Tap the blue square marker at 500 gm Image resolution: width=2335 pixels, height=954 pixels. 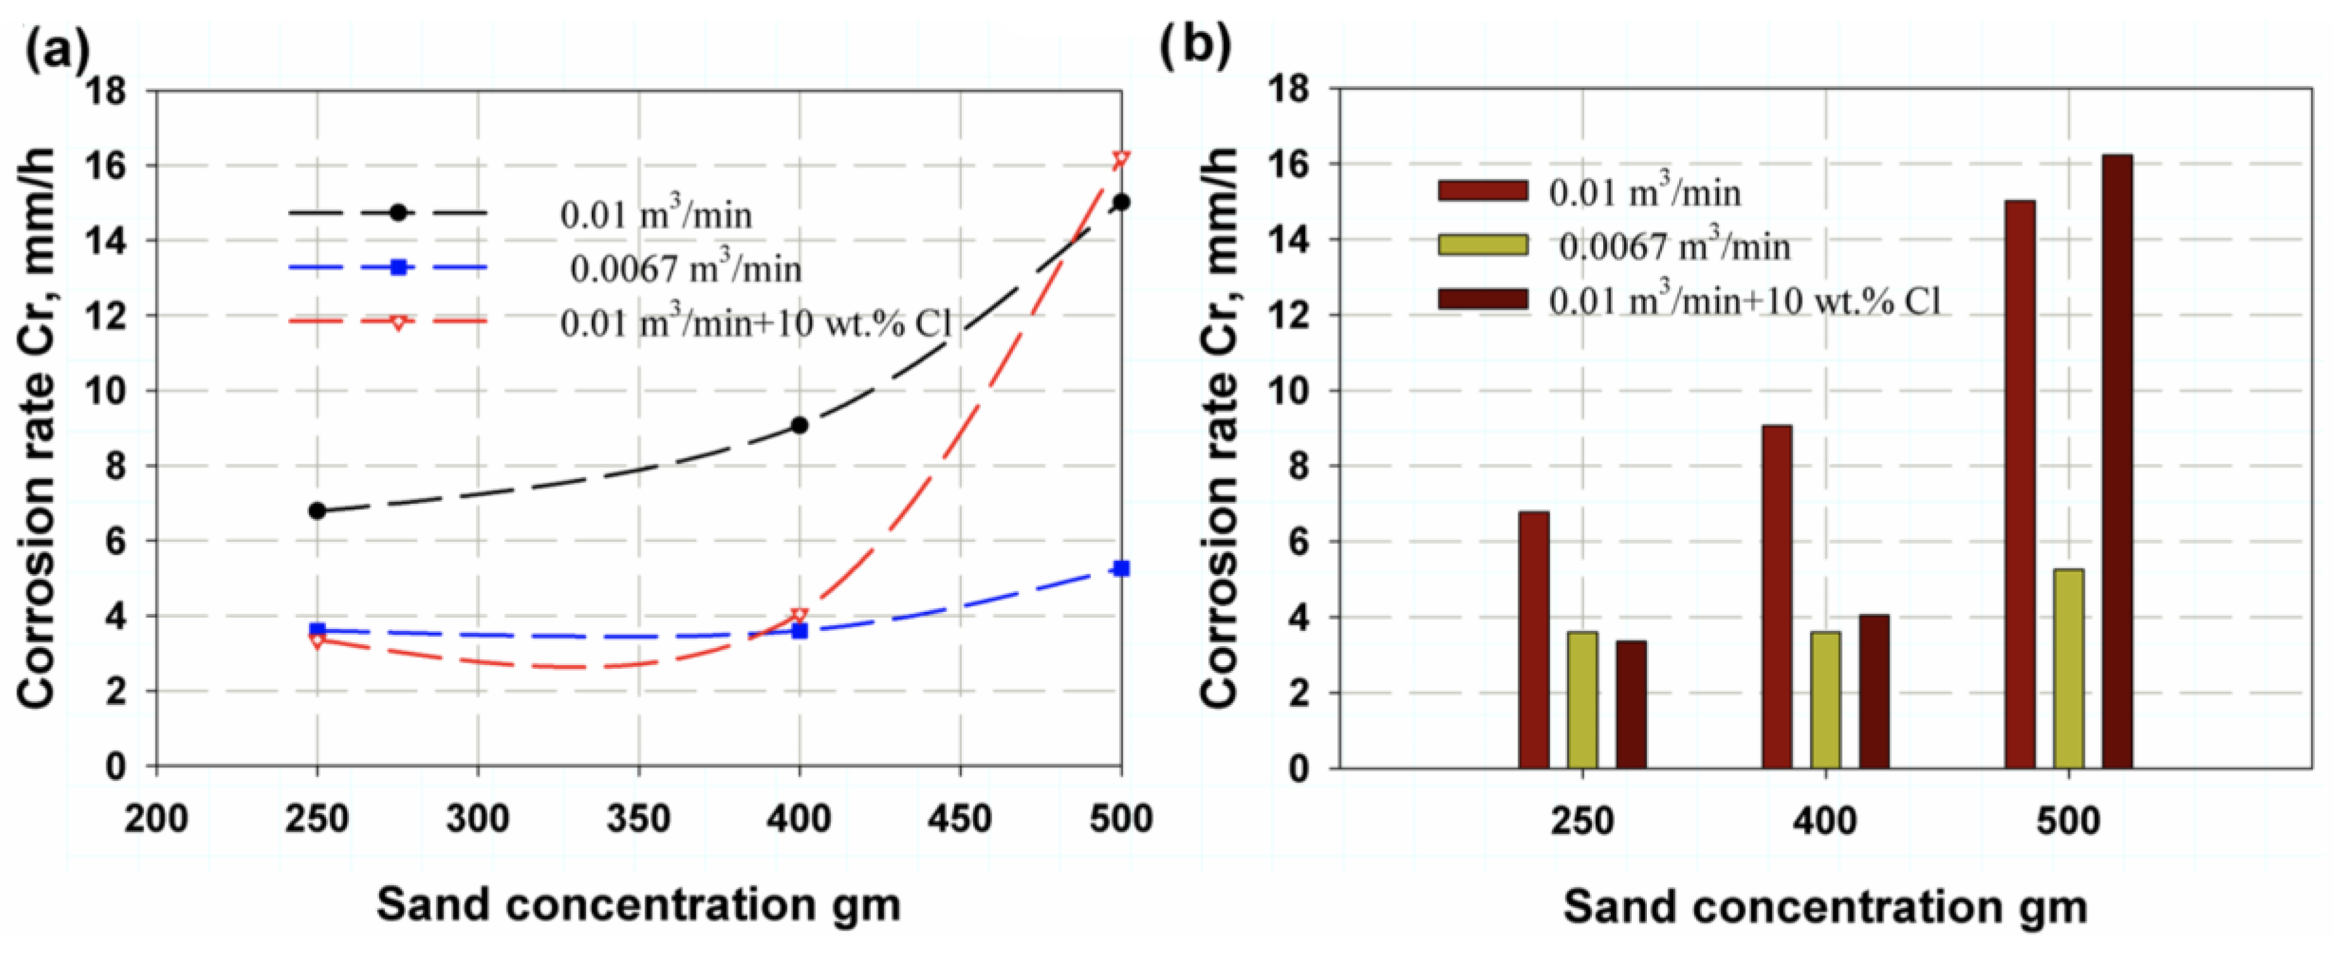coord(1121,568)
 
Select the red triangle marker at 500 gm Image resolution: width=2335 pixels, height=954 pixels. coord(1121,159)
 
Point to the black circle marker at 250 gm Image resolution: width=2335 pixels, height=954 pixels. coord(317,511)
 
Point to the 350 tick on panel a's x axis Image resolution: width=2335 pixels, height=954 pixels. coord(639,819)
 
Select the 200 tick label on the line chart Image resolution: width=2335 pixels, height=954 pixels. coord(156,819)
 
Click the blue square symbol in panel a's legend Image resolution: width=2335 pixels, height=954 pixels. coord(397,267)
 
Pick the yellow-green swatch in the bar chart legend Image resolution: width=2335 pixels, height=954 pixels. coord(1482,244)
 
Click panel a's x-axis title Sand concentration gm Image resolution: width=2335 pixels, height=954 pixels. coord(638,904)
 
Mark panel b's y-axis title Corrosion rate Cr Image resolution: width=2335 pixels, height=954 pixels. coord(1219,426)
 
